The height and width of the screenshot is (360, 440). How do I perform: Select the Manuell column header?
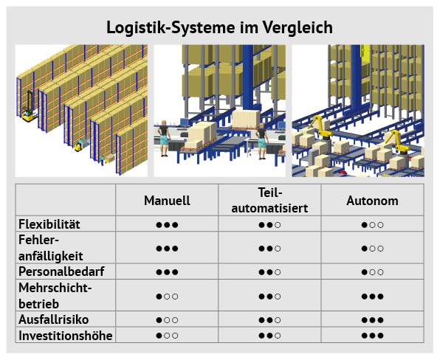[167, 201]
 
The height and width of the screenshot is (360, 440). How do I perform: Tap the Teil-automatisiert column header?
[269, 200]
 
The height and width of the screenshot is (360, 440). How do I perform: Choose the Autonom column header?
[372, 201]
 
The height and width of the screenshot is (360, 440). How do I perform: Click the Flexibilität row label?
[49, 224]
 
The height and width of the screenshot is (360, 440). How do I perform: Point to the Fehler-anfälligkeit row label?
[50, 248]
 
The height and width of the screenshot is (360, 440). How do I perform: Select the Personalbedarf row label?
[61, 271]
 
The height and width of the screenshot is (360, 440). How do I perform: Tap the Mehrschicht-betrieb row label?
[55, 296]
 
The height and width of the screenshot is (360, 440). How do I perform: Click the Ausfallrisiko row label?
[54, 319]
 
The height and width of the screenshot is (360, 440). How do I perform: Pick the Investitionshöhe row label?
[66, 336]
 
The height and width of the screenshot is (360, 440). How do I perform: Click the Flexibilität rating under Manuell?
[167, 225]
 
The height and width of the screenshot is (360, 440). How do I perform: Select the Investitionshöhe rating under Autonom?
[372, 336]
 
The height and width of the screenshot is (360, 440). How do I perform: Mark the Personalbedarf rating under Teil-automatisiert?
[269, 272]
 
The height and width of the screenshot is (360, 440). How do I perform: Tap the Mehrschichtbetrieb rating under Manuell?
[167, 297]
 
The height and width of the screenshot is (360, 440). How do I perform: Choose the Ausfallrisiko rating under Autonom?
[372, 320]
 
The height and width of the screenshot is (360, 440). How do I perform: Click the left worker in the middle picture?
[164, 138]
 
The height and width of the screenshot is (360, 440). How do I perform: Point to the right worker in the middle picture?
[262, 141]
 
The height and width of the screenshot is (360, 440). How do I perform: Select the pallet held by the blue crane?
[246, 120]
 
